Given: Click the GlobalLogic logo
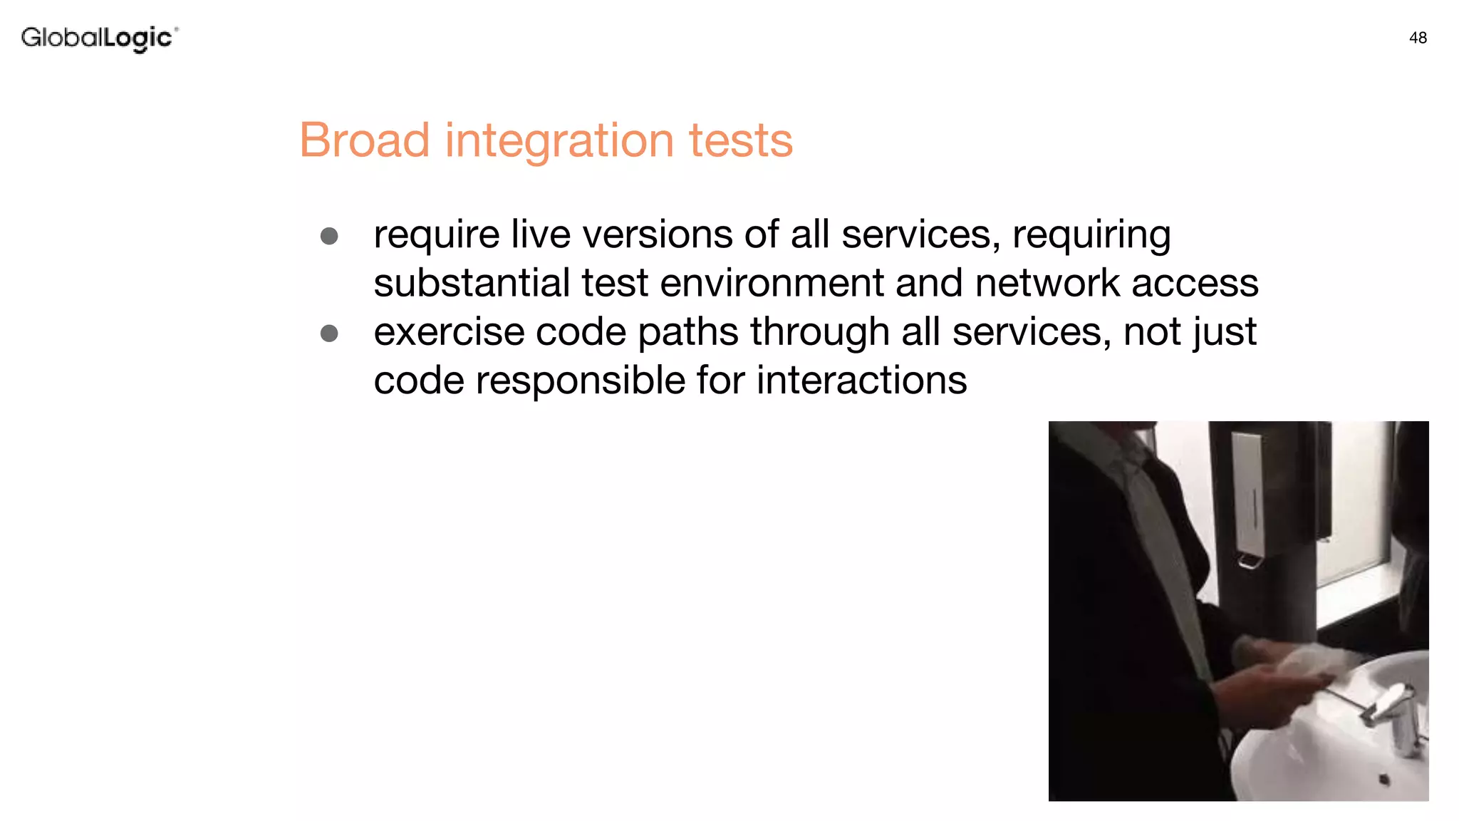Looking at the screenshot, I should [x=99, y=38].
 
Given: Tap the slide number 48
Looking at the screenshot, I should [x=1418, y=38].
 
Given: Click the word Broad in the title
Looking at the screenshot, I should [x=364, y=140].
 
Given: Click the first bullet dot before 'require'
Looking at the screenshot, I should [x=329, y=236].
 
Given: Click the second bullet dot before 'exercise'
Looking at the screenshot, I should [x=329, y=333].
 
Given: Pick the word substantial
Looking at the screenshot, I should [x=471, y=283].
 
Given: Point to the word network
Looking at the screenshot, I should [x=1047, y=283].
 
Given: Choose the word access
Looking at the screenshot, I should [x=1195, y=284].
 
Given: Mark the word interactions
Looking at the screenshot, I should [x=861, y=380].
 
